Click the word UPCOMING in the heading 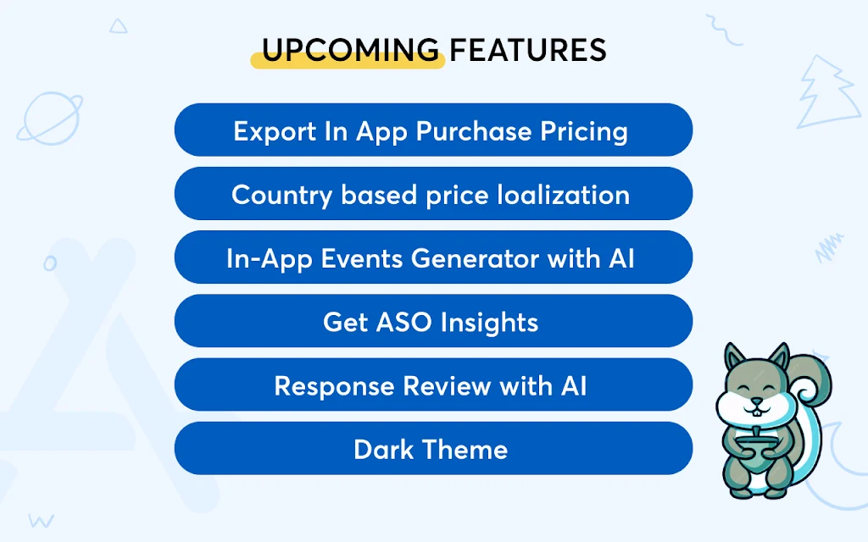point(350,50)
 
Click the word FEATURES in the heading point(528,50)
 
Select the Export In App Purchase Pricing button point(433,130)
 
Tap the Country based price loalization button point(433,194)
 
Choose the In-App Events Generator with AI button point(433,257)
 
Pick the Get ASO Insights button point(433,321)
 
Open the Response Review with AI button point(433,384)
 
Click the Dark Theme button point(433,448)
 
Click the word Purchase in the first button point(473,131)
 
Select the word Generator point(475,258)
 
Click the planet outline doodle point(50,118)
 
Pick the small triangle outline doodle point(118,26)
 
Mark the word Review point(447,385)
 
